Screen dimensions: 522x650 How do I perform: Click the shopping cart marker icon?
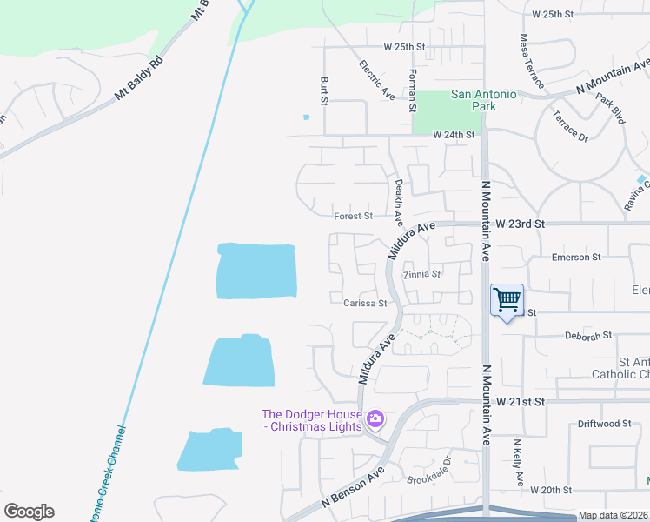[x=507, y=301]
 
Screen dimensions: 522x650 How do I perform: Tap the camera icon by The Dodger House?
[x=375, y=419]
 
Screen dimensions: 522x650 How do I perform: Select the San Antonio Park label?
[x=483, y=100]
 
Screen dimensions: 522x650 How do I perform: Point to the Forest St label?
[x=353, y=216]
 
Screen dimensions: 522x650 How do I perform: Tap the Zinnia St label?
[x=424, y=274]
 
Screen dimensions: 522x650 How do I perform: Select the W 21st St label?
[x=520, y=401]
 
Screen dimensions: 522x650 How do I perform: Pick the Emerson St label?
[x=576, y=258]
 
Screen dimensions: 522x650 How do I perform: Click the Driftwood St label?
[x=603, y=424]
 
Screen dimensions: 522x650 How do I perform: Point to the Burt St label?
[x=324, y=90]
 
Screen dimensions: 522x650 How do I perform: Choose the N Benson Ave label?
[x=352, y=487]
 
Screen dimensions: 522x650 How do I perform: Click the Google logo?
[x=29, y=512]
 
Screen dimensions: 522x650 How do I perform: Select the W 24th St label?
[x=455, y=135]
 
